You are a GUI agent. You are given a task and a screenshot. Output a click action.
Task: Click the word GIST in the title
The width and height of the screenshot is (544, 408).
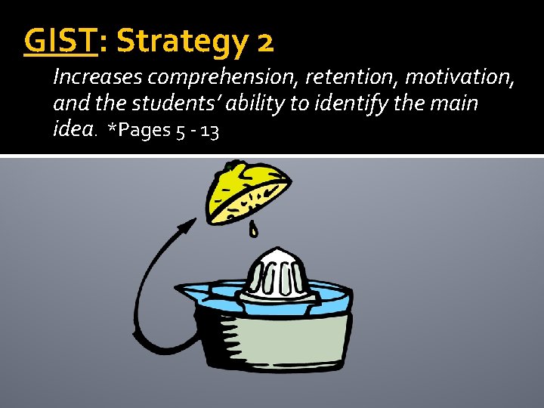click(60, 42)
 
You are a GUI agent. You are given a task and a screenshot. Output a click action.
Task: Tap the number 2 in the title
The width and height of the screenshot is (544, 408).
click(265, 43)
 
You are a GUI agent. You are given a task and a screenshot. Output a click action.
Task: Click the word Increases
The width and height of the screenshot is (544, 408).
click(99, 77)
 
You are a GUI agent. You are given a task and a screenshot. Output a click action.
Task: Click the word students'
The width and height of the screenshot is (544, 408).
click(170, 104)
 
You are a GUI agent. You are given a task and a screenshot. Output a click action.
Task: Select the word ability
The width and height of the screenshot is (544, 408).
click(256, 104)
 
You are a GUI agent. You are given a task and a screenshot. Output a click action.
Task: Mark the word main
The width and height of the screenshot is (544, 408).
click(451, 104)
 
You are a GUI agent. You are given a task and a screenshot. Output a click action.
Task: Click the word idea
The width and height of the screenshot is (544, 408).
click(73, 130)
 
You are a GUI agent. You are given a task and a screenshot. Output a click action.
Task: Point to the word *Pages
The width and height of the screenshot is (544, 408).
click(141, 131)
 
